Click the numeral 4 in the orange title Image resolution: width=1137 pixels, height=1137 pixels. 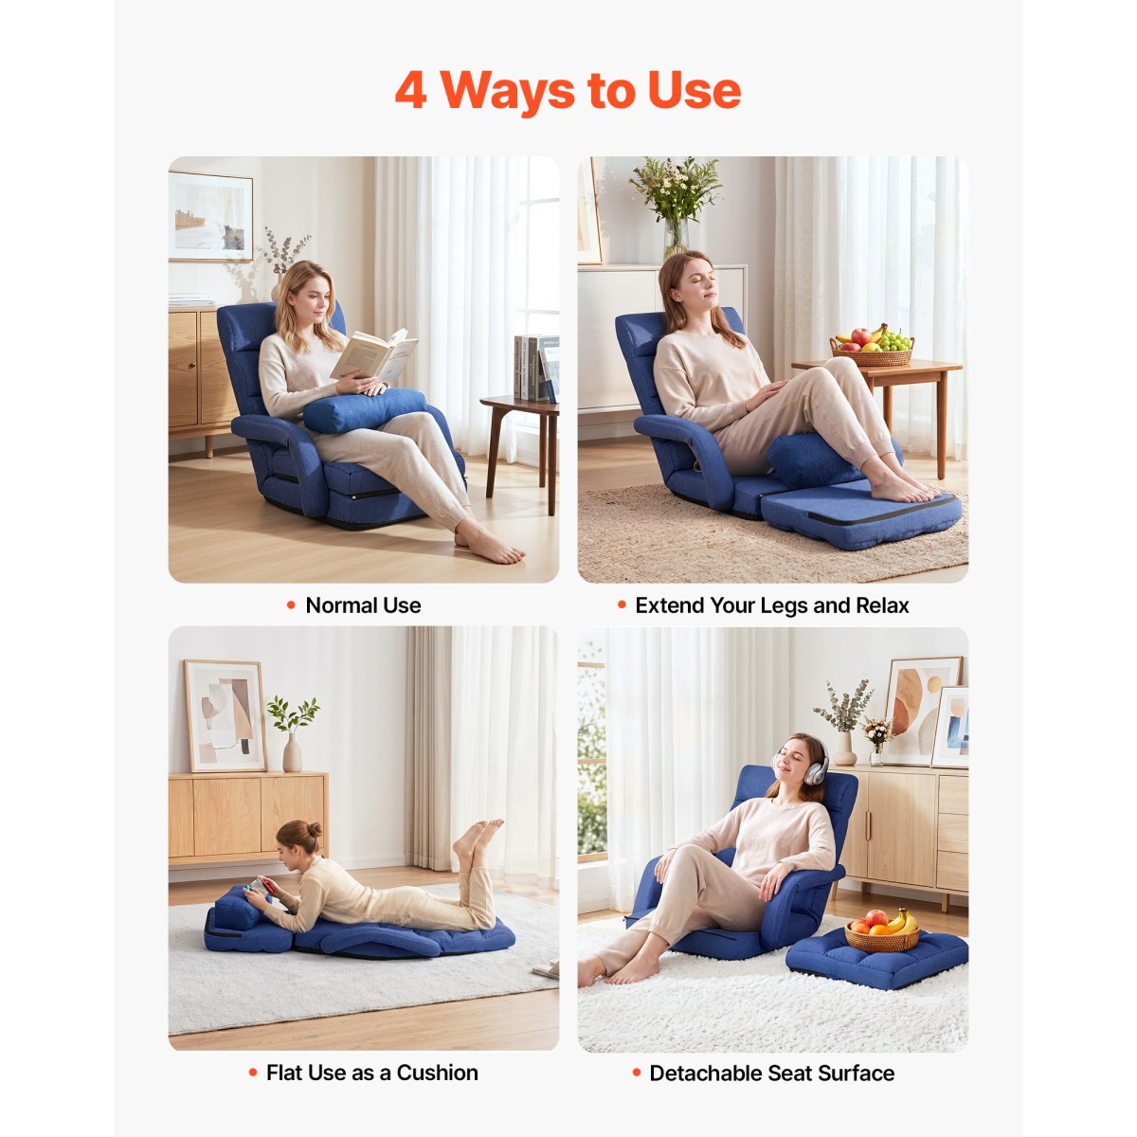pos(411,91)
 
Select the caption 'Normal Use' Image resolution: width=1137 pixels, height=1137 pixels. pos(363,605)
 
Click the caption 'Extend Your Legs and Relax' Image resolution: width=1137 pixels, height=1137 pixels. pos(772,605)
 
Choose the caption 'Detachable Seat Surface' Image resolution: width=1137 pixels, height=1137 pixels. pos(772,1074)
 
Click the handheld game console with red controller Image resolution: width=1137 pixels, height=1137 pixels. pos(261,886)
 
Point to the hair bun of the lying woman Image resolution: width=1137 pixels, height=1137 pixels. pos(315,830)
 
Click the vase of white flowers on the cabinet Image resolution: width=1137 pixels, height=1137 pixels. pos(677,207)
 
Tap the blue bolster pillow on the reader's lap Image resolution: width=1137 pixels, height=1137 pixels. pos(364,410)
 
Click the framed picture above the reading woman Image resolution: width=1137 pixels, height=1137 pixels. pos(210,217)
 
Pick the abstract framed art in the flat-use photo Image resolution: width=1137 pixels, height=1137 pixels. pos(226,715)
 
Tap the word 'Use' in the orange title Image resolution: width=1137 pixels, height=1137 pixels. pos(694,91)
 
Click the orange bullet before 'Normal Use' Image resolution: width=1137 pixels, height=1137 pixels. pos(291,605)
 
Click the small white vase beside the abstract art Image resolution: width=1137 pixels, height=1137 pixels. pos(292,752)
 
